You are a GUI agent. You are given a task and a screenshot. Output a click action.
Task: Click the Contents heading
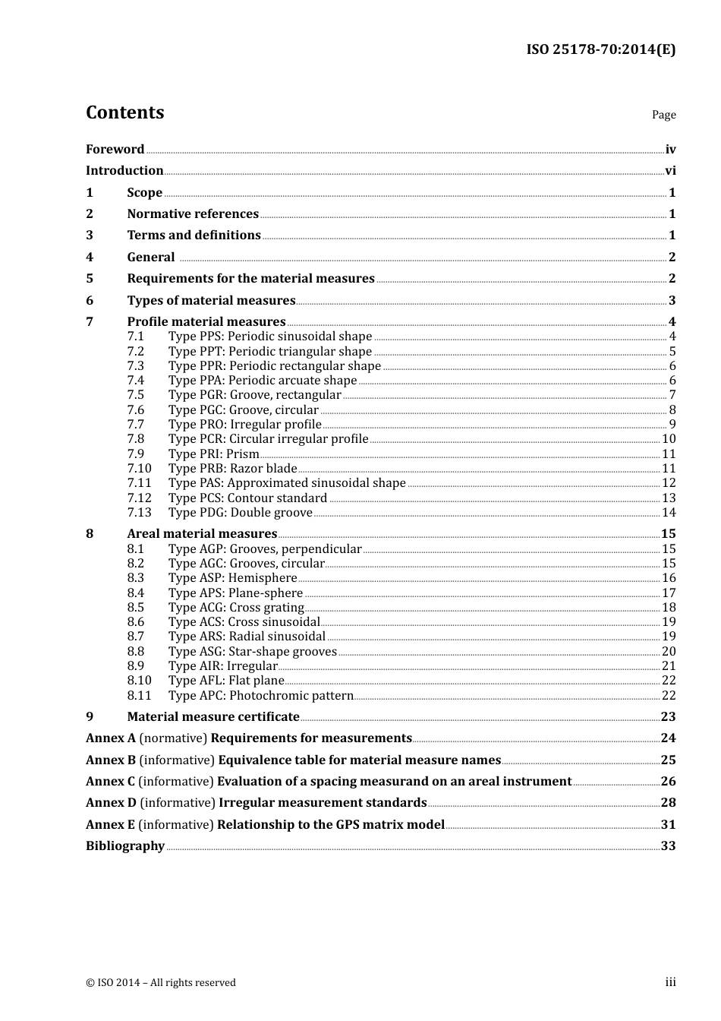point(124,112)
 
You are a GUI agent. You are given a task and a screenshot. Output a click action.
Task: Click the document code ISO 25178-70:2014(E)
point(600,49)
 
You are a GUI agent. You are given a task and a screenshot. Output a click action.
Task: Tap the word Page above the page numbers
point(663,115)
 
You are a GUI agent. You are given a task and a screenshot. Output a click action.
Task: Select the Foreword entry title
point(115,150)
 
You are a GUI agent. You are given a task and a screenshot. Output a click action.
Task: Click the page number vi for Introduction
point(670,171)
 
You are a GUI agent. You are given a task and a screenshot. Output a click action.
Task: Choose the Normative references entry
point(193,214)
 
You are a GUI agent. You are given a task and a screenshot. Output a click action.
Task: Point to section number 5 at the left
point(90,279)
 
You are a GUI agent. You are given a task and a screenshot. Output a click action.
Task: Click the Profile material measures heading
point(206,322)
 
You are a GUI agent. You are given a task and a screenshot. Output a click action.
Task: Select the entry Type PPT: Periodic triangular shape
point(269,352)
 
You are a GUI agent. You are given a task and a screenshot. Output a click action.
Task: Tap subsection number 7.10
point(139,469)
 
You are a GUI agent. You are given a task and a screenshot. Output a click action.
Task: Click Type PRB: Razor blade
point(232,469)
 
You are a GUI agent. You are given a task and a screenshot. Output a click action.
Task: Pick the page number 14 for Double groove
point(669,513)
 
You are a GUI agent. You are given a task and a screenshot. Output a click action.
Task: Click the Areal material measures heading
point(202,534)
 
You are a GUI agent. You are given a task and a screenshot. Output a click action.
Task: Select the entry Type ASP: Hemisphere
point(232,578)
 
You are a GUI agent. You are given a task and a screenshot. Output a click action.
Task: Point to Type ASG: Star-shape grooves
point(252,652)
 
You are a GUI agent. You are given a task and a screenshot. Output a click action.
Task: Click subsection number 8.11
point(139,696)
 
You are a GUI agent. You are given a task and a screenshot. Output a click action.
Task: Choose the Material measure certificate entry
point(213,717)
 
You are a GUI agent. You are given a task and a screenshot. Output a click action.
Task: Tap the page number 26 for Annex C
point(668,782)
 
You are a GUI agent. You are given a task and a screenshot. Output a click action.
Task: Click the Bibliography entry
point(125,846)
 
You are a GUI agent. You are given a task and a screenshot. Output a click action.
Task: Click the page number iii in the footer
point(670,982)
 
